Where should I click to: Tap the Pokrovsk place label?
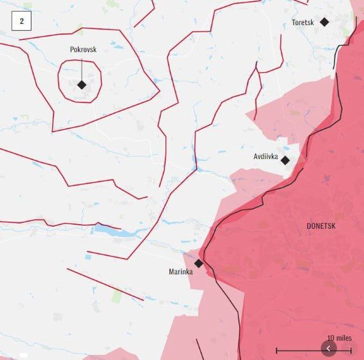coord(83,49)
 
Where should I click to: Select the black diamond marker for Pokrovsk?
coord(82,85)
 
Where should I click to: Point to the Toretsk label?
coord(303,22)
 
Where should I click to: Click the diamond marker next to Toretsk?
coord(325,22)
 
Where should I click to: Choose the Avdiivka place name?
coord(266,157)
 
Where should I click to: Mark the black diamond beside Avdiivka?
coord(285,161)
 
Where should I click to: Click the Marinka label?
coord(181,272)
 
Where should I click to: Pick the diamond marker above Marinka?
coord(198,263)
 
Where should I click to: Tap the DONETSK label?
coord(321,226)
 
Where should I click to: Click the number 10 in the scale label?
coord(331,338)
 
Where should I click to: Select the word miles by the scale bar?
coord(344,338)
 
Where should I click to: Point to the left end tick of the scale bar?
coord(277,350)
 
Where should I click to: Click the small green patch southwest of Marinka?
coord(116,296)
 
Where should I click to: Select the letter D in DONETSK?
coord(309,226)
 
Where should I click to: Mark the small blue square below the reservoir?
coord(88,257)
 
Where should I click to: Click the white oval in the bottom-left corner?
coord(23,355)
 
